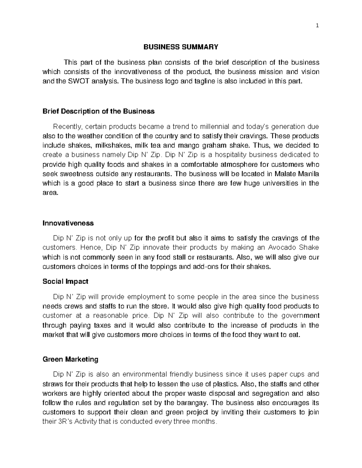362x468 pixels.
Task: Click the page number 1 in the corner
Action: pos(317,26)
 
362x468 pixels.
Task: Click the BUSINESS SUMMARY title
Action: pos(180,47)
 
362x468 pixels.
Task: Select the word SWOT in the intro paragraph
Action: pos(76,81)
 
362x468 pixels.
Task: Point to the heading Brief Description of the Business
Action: pos(99,111)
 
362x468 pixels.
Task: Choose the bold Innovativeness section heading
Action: pos(68,223)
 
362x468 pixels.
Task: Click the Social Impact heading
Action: pos(65,281)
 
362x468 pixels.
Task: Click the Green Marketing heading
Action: pos(71,359)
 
